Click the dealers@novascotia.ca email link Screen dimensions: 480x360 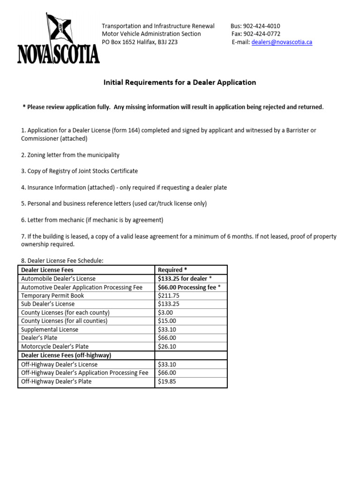282,42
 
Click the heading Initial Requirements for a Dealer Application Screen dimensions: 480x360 180,82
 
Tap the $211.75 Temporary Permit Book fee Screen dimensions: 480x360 169,296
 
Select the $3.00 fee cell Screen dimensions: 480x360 165,313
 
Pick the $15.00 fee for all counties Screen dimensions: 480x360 167,321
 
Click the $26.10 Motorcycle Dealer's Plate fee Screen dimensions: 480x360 167,347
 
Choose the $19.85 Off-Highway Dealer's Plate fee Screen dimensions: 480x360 167,382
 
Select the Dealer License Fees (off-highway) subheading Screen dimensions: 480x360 66,356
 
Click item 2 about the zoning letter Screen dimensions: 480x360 70,155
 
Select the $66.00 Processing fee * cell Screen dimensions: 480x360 189,287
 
